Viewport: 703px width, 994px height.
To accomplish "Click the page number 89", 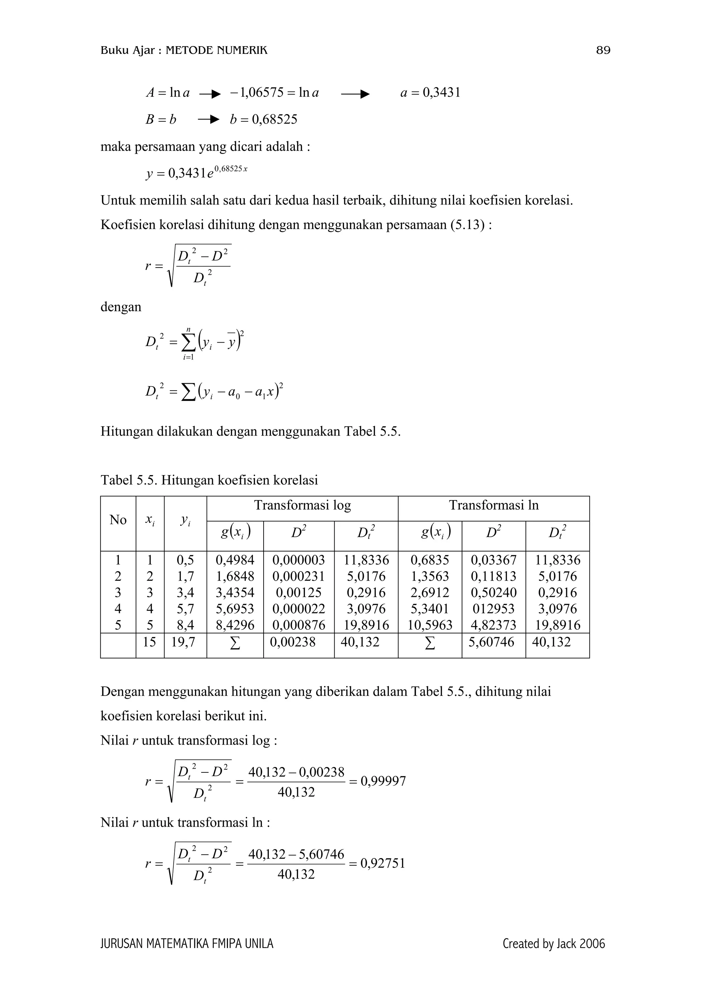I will click(603, 51).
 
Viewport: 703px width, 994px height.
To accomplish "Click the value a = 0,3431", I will click(430, 93).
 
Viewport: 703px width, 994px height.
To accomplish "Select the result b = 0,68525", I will click(263, 119).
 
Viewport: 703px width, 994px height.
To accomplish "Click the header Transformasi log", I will click(302, 505).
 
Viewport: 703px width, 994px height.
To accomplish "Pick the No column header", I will click(118, 520).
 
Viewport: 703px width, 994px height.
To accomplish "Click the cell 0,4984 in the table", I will click(235, 560).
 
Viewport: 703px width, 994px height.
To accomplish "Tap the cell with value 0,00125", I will click(298, 593).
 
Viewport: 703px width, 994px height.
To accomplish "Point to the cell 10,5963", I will click(430, 625).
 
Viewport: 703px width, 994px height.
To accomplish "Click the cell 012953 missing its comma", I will click(493, 609).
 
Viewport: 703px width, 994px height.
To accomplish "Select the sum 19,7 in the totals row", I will click(185, 642).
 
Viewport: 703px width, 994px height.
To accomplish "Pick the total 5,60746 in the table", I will click(491, 642).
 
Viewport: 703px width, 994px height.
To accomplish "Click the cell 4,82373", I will click(493, 625).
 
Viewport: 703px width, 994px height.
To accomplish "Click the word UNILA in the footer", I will click(259, 944).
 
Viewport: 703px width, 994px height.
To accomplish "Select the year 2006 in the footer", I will click(592, 944).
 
